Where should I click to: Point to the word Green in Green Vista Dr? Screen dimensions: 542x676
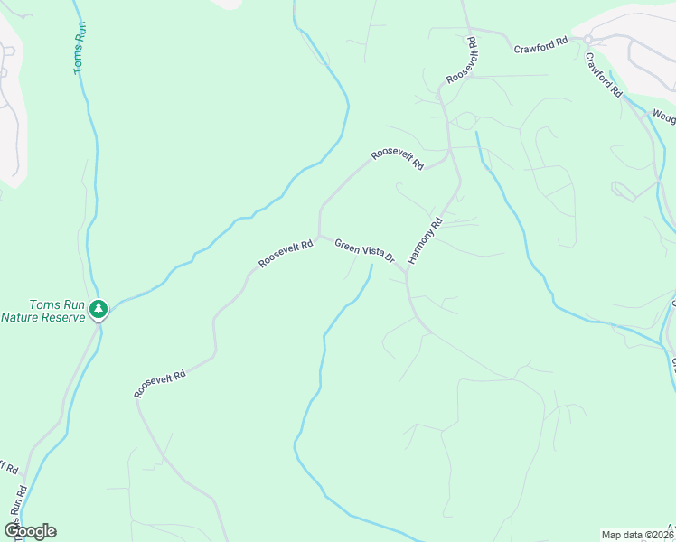347,245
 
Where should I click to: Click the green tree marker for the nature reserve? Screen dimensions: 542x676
99,310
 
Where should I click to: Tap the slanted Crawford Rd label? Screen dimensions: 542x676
603,75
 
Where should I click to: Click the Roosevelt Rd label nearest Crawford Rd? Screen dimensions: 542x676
461,61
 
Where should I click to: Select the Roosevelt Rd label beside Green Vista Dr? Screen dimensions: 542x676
285,253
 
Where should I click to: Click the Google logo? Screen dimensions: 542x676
30,531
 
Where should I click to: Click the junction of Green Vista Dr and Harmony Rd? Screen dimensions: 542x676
406,272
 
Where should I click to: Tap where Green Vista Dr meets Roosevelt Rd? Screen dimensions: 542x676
319,236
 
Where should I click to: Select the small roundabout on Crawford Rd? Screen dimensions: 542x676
587,39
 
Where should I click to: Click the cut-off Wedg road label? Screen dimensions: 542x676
663,117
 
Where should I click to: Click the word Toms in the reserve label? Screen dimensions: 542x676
48,304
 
